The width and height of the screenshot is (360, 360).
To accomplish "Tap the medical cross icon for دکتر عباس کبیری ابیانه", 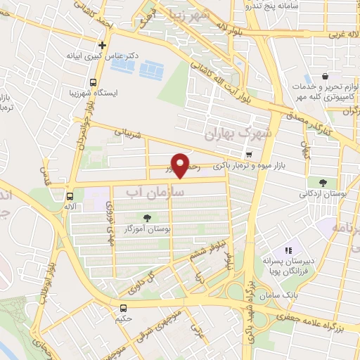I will coord(102,44).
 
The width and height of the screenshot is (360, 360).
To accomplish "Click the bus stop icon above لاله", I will coord(70,196).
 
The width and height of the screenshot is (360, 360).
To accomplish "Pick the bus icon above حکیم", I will coord(124,307).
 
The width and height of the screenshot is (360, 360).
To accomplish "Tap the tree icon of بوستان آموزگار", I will coord(147,218).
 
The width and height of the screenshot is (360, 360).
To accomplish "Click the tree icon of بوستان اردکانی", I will coord(322,182).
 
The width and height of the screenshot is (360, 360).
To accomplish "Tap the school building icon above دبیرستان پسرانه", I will coord(288,251).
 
